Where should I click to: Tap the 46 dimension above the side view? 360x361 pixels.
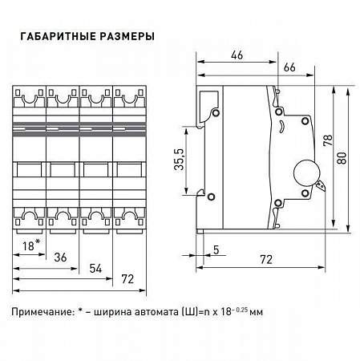(x=237, y=56)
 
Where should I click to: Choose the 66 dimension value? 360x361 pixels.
(x=290, y=68)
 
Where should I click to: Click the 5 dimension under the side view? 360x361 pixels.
(x=217, y=249)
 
